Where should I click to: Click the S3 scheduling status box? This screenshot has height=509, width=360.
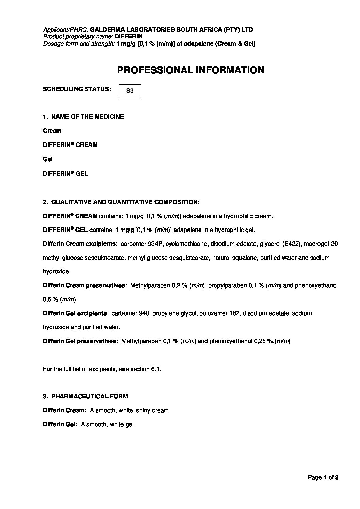tap(130, 91)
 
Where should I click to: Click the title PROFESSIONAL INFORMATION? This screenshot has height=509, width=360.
tap(191, 70)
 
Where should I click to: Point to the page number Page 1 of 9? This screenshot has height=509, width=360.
tap(323, 478)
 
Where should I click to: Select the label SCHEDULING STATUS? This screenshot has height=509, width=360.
tap(77, 89)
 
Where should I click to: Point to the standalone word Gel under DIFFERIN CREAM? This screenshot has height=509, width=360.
tap(48, 159)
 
